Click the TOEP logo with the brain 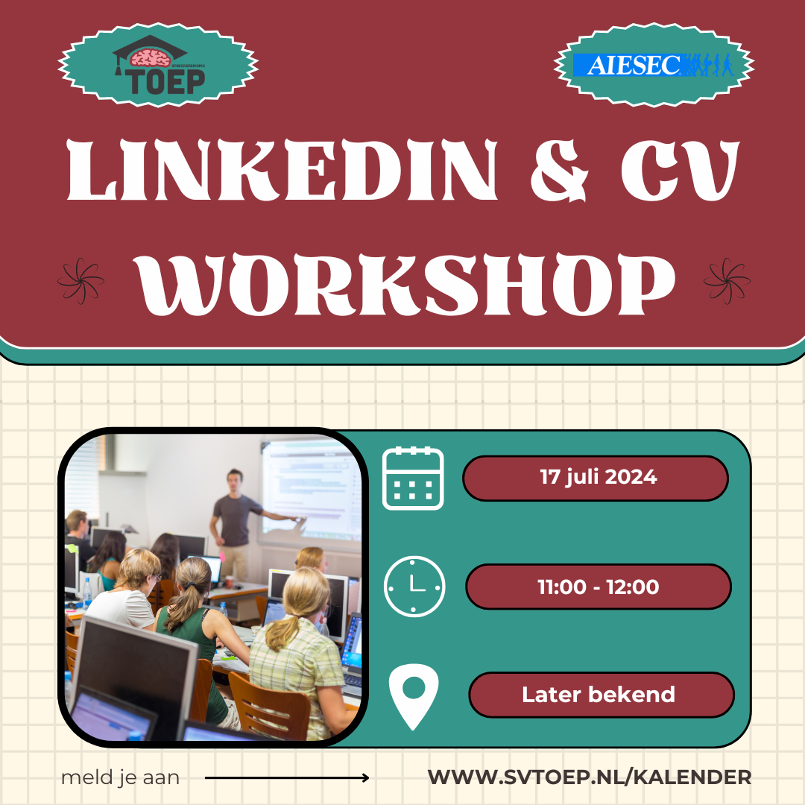tap(159, 65)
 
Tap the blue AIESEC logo tap(653, 65)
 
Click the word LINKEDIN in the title tap(282, 170)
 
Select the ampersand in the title tap(559, 171)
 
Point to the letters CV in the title tap(681, 170)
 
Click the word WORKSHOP tap(405, 284)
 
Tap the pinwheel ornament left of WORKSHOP tap(80, 281)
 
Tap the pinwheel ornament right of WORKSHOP tap(727, 281)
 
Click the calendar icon tap(413, 478)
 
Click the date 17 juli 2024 tap(598, 478)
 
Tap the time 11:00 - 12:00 tap(598, 587)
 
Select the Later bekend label tap(598, 695)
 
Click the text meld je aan tap(120, 777)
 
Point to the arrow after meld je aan tap(286, 777)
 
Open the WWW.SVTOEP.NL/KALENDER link tap(590, 777)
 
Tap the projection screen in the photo tap(311, 490)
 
